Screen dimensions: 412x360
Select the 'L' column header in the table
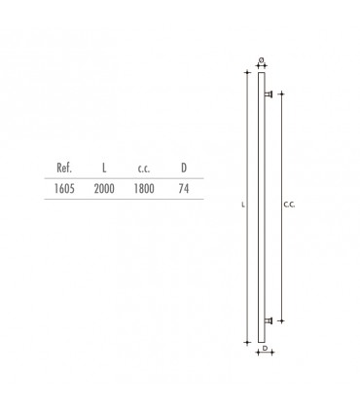tap(104, 168)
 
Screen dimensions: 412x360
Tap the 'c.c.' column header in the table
tap(143, 168)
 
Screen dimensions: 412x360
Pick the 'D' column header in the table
tap(184, 168)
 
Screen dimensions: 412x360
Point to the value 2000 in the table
tap(104, 188)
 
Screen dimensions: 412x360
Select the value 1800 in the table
tap(143, 188)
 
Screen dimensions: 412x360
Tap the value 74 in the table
tap(184, 188)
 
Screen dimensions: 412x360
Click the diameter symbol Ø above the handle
tap(262, 60)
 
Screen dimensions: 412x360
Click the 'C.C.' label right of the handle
tap(289, 206)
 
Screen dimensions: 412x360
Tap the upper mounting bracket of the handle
tap(268, 94)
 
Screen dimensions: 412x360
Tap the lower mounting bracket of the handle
tap(268, 318)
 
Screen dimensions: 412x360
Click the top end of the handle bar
tap(261, 73)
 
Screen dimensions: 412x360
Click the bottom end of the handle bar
tap(261, 340)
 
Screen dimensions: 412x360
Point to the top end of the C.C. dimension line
tap(280, 94)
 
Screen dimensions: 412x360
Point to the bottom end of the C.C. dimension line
tap(280, 319)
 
